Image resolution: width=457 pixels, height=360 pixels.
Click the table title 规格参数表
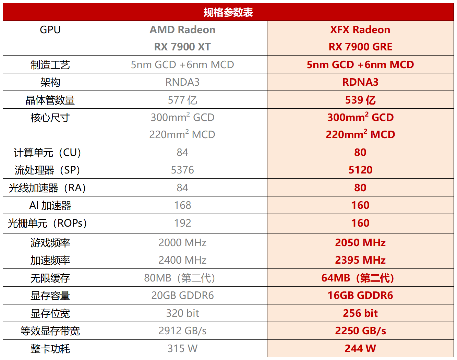(228, 12)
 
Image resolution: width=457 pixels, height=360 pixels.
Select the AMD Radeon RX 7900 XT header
(182, 38)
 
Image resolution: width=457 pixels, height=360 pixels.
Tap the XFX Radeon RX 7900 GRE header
(360, 38)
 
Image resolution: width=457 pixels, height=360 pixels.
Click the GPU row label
(50, 30)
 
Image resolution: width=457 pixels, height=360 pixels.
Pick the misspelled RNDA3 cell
(182, 82)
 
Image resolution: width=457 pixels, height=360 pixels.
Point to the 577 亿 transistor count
(182, 100)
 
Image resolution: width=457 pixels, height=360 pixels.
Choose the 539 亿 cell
(360, 100)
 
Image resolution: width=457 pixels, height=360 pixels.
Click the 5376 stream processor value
(182, 170)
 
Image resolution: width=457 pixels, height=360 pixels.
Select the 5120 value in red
(360, 170)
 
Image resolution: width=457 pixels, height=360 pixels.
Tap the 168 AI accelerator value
(182, 205)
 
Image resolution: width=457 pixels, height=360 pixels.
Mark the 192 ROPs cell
(182, 223)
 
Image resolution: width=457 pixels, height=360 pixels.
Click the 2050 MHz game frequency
(360, 243)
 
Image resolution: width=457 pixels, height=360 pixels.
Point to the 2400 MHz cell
(182, 260)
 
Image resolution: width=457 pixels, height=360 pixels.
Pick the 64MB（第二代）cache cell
(358, 278)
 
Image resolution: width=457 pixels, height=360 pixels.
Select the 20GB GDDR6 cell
(182, 296)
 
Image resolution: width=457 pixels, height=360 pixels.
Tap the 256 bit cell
(360, 313)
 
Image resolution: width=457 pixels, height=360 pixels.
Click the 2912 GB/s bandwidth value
(182, 331)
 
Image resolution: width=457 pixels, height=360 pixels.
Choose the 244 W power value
(360, 349)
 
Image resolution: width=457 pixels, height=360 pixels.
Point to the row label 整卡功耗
(50, 349)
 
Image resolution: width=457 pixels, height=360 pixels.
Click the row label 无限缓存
(50, 278)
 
